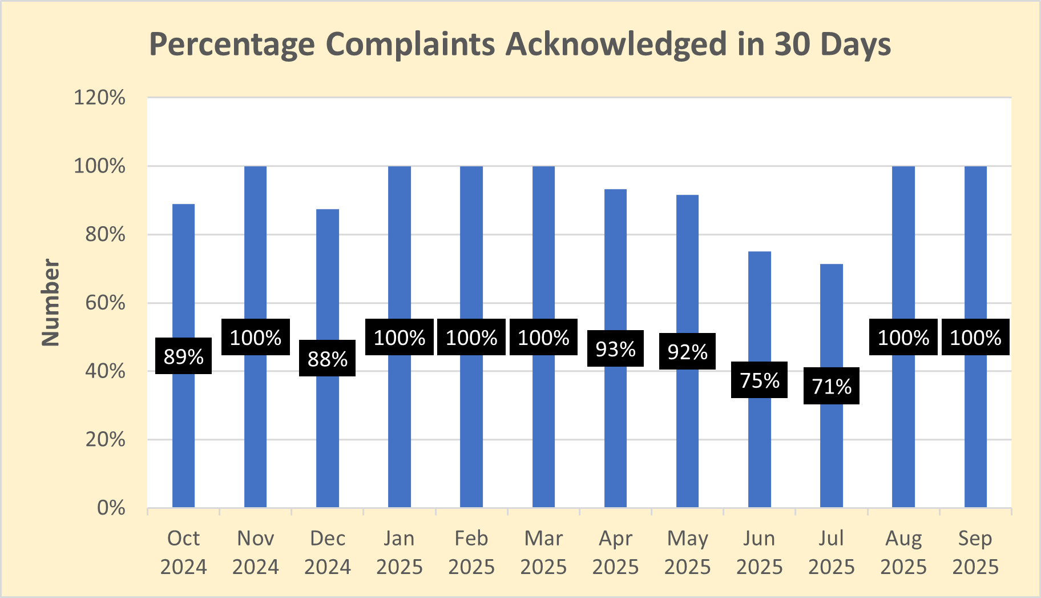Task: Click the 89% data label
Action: (183, 356)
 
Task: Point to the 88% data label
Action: (327, 359)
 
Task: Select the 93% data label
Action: (615, 348)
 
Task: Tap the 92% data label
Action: (687, 351)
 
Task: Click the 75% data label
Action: (759, 380)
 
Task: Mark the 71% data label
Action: (831, 386)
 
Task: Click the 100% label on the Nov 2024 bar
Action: (255, 338)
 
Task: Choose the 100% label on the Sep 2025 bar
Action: (975, 338)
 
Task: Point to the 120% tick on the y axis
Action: (99, 98)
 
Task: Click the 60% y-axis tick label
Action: (105, 303)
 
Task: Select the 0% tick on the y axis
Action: (111, 508)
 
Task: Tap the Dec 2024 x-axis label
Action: (327, 552)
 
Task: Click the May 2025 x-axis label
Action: (687, 552)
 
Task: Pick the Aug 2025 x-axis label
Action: (903, 552)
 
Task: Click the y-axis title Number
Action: (51, 302)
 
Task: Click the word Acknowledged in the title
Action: (616, 45)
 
